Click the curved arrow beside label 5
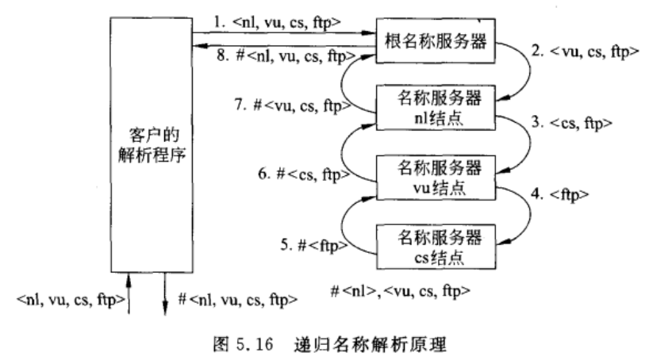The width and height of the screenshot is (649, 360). pos(361,230)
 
